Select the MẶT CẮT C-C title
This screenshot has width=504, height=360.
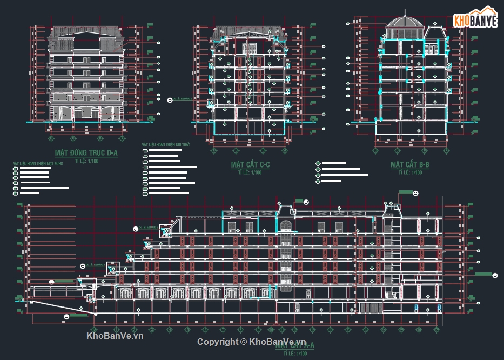click(x=250, y=164)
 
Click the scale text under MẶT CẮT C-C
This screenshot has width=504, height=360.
click(x=250, y=172)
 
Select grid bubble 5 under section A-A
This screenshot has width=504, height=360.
click(x=186, y=329)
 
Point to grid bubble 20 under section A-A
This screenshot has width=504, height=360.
click(x=435, y=329)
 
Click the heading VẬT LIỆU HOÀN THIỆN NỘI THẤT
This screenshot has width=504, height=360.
click(x=166, y=145)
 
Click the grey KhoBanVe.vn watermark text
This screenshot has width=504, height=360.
click(x=115, y=336)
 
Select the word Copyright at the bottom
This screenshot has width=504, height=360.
click(x=217, y=342)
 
